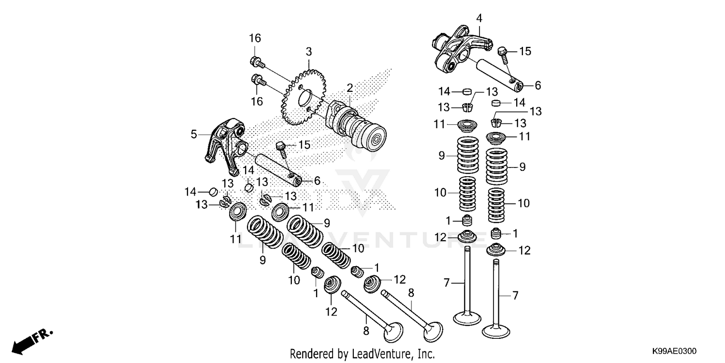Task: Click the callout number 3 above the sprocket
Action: [308, 52]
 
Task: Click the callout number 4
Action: [478, 18]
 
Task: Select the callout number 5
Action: [194, 134]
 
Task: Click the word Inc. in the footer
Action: [425, 354]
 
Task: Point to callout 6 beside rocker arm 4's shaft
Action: [537, 85]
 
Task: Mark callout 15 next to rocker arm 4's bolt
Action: [525, 51]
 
